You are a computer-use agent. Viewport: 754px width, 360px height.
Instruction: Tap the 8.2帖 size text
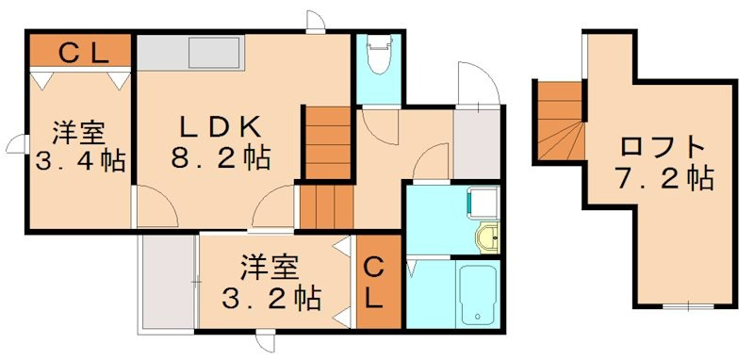click(220, 156)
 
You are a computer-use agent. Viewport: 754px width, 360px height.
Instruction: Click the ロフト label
click(664, 147)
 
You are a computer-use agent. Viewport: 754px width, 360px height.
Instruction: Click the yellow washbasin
click(487, 238)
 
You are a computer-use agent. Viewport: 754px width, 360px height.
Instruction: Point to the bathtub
click(477, 294)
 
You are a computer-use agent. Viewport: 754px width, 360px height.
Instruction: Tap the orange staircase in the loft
click(560, 120)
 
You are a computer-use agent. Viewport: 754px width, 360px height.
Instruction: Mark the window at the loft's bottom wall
click(688, 306)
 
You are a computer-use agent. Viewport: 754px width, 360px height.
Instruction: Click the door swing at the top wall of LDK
click(317, 22)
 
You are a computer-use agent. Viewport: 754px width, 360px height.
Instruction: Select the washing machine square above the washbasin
click(484, 202)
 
